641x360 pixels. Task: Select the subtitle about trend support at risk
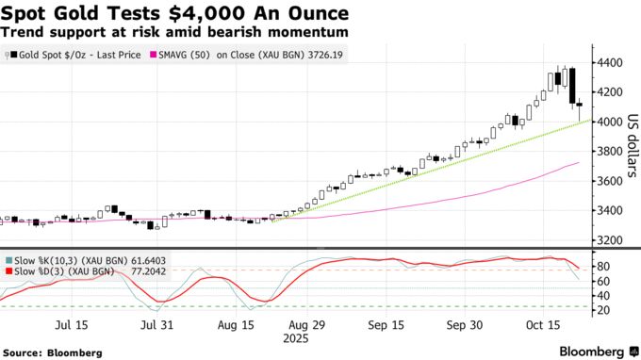click(x=174, y=32)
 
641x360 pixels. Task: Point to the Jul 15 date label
click(x=73, y=326)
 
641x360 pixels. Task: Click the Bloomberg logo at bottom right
click(x=597, y=352)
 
